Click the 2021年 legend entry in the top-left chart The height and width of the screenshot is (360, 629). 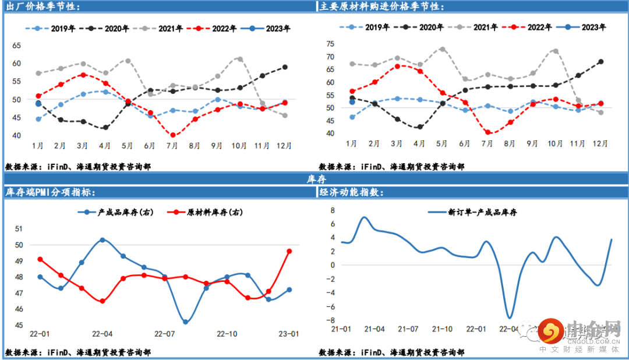pos(161,29)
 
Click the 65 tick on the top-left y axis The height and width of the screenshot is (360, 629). pos(16,45)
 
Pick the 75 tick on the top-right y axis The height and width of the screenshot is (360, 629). pos(330,44)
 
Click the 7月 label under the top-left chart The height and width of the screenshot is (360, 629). pos(173,145)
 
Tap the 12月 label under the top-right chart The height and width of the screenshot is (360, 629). pos(600,143)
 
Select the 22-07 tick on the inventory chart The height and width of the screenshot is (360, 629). pos(165,334)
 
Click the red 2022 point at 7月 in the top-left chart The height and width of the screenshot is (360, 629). pos(173,135)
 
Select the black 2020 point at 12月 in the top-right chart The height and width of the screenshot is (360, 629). pos(600,62)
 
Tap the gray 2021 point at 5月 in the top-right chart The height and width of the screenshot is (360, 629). pos(442,49)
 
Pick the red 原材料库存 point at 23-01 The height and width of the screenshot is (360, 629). pos(289,251)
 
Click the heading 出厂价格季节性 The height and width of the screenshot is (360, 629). pos(44,6)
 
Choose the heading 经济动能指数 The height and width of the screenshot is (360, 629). pos(355,192)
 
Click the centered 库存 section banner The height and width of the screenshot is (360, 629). pos(315,179)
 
